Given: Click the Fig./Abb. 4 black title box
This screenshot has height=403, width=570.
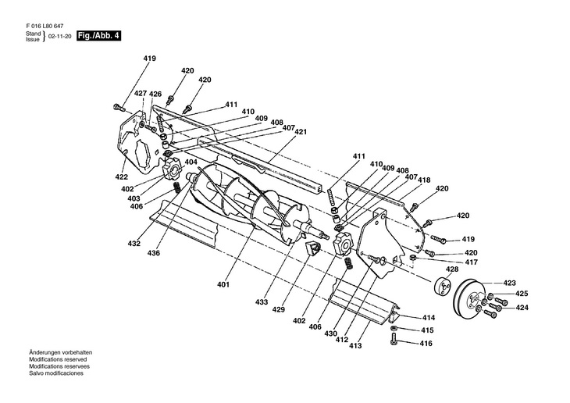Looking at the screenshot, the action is (98, 36).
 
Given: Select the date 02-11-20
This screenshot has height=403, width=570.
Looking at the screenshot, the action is (59, 37).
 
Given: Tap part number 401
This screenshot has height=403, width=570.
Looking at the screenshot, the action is (223, 284).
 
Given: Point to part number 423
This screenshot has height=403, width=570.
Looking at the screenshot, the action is (510, 283).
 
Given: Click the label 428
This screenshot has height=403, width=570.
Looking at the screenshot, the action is (452, 269).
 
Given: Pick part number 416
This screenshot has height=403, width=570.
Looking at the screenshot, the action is (426, 344).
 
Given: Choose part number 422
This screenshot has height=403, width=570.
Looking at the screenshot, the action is (121, 177).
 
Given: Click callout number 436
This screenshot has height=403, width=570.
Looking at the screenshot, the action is (153, 253).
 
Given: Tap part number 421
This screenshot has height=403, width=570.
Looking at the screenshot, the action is (301, 132).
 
